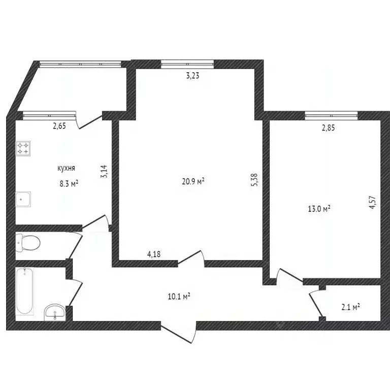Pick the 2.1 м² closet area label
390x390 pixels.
(x=350, y=306)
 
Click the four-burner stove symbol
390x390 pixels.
(x=23, y=148)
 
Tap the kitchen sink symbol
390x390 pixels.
(x=23, y=199)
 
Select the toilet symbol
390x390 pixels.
(x=27, y=242)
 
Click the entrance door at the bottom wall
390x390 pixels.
(x=178, y=330)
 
